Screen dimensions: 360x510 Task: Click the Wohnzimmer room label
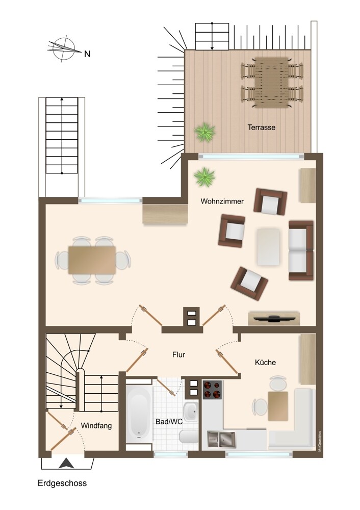[222, 201]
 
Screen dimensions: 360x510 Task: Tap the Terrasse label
[262, 127]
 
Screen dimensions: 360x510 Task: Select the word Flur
[178, 355]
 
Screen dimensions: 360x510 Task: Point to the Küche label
[265, 362]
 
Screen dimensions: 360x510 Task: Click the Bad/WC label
[169, 422]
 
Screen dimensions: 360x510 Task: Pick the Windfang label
[96, 425]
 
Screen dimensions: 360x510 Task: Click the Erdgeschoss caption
[62, 483]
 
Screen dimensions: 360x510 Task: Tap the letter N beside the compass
[87, 54]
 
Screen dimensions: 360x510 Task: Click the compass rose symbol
[64, 49]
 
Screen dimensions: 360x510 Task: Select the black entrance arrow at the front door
[67, 463]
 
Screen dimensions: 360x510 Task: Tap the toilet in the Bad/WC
[188, 437]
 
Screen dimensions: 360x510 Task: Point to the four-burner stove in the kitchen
[212, 390]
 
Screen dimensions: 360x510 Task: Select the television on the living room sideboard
[273, 318]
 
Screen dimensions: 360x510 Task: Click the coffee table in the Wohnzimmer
[268, 247]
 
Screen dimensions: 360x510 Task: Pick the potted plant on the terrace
[205, 132]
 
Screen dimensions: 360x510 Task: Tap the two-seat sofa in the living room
[301, 250]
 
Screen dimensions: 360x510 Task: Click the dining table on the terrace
[272, 82]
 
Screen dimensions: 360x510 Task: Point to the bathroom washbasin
[190, 412]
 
